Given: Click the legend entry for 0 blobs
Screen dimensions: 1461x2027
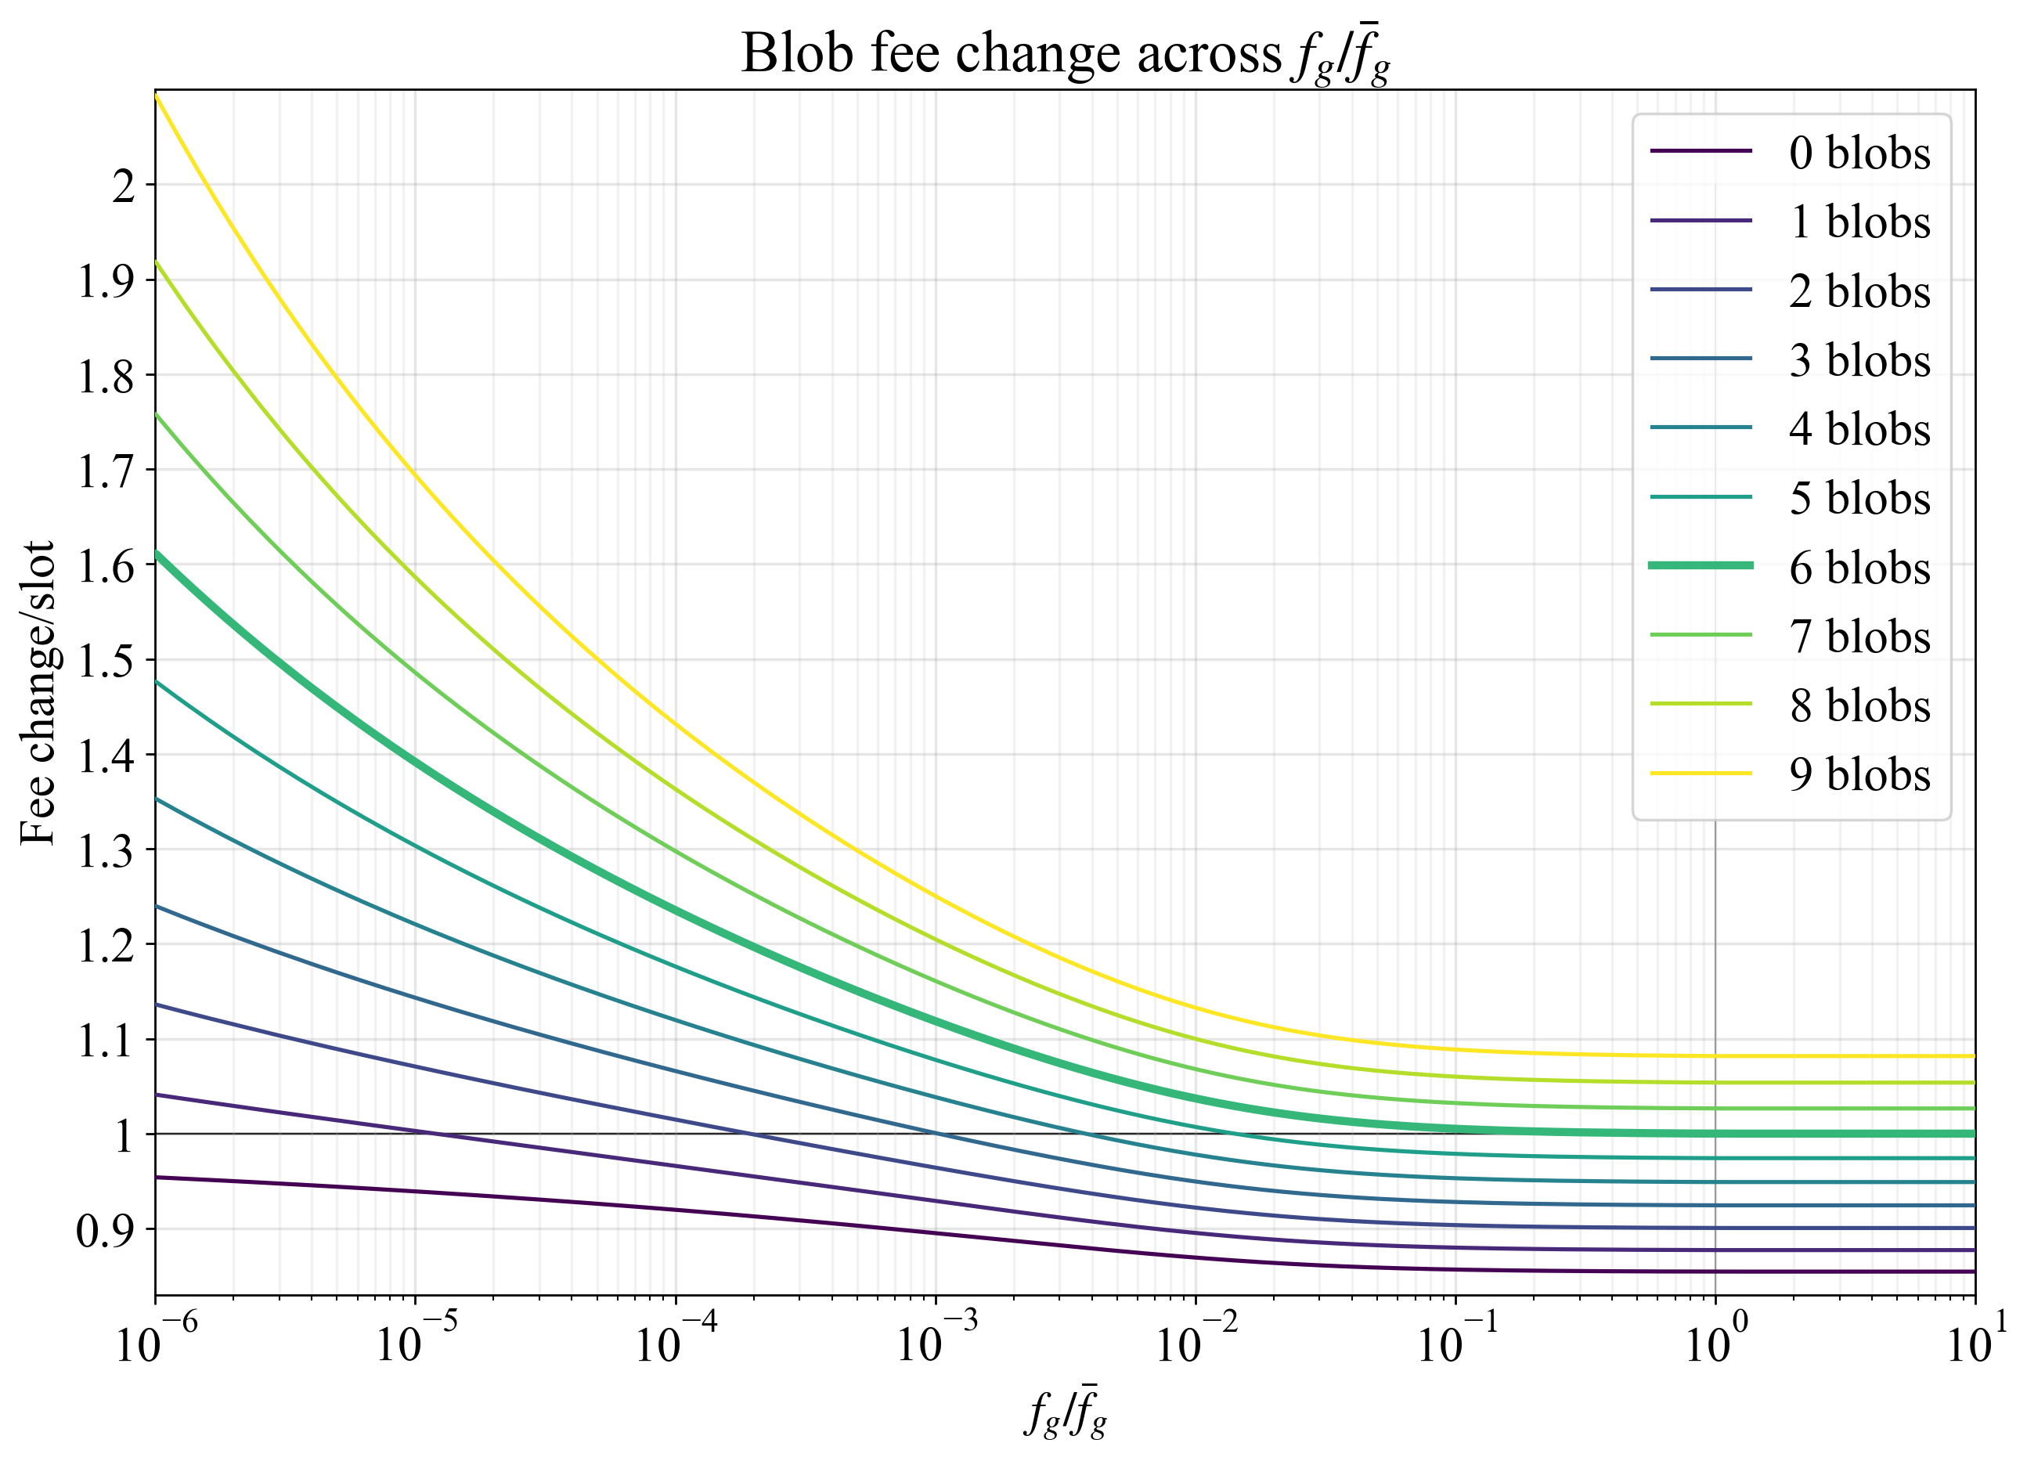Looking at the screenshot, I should pyautogui.click(x=1859, y=153).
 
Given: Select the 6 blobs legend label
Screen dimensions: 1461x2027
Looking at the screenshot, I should pyautogui.click(x=1859, y=568).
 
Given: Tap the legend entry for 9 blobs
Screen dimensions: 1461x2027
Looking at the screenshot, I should pyautogui.click(x=1859, y=774).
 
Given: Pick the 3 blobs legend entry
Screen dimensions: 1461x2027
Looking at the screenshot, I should pyautogui.click(x=1859, y=360).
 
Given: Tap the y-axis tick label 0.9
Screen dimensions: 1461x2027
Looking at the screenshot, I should pyautogui.click(x=106, y=1231).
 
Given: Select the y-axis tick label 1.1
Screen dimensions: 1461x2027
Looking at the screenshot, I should pyautogui.click(x=106, y=1040).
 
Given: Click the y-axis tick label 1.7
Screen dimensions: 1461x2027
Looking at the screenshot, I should pyautogui.click(x=106, y=471).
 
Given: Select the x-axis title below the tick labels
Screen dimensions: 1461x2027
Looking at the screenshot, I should pyautogui.click(x=1066, y=1412).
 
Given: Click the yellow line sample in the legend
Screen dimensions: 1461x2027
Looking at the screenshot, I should pyautogui.click(x=1701, y=773).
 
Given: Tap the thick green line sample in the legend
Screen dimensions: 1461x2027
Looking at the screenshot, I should pyautogui.click(x=1701, y=565).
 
